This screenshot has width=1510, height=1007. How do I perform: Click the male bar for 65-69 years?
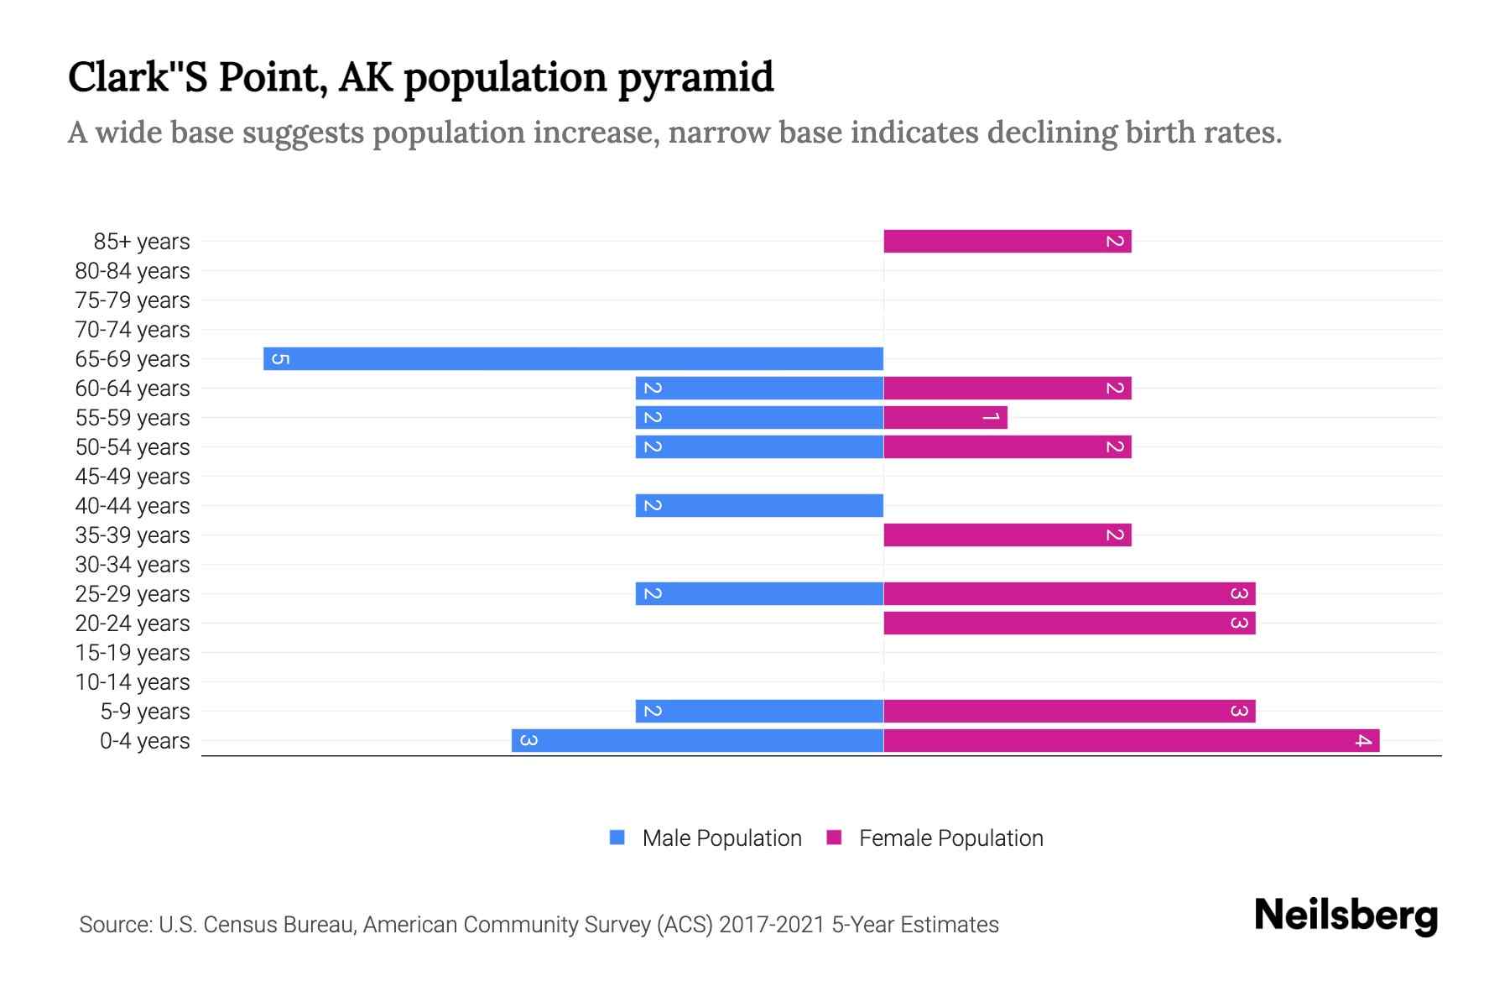pos(573,358)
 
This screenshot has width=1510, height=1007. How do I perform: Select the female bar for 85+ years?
pos(1007,242)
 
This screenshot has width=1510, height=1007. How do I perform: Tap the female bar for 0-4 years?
pos(1131,740)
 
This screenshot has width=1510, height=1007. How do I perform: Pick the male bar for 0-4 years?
pos(697,740)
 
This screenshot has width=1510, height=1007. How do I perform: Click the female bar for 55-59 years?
pos(945,417)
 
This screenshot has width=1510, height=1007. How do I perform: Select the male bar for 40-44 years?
pos(759,505)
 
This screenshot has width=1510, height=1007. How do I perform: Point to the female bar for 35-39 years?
pos(1007,535)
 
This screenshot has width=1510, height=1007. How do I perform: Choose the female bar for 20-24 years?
pos(1069,623)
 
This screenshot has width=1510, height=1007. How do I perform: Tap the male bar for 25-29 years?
pos(759,593)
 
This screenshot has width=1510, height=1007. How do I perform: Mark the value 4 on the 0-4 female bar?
pos(1363,740)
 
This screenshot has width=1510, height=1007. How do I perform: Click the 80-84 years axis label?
pos(133,271)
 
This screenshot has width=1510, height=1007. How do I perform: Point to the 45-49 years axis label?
pos(133,477)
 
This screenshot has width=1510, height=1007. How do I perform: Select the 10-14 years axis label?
pos(133,682)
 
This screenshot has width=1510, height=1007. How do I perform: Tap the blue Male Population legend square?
pos(617,837)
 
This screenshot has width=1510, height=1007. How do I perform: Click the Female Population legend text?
pos(950,838)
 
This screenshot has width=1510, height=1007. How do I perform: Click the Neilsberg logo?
pos(1346,916)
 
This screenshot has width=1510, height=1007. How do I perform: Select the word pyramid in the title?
pos(695,77)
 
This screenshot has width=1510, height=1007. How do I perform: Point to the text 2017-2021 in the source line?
pos(772,925)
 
